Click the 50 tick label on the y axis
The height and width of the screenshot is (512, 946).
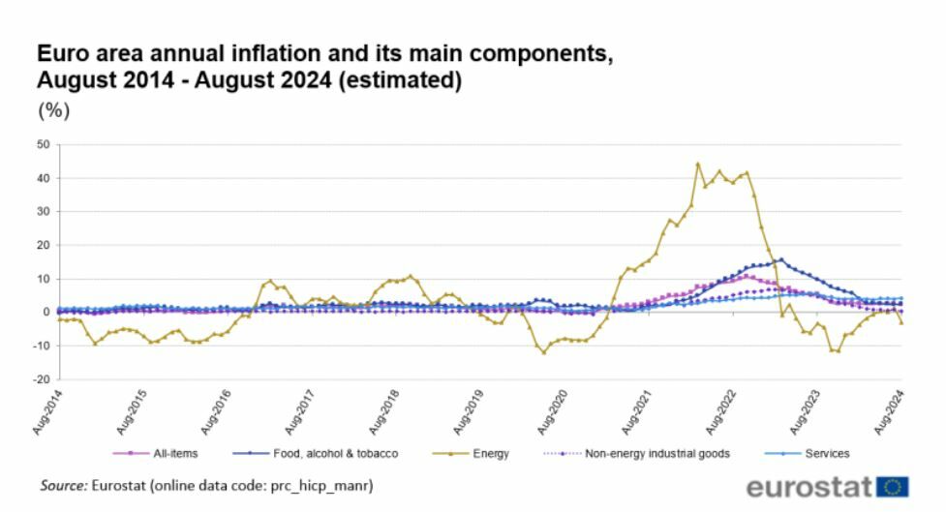(43, 145)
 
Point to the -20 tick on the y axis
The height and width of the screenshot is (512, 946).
(41, 379)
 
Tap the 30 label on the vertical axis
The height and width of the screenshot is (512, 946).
(43, 212)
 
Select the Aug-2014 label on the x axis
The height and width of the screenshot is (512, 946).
(46, 411)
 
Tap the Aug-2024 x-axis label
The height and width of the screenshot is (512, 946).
(890, 411)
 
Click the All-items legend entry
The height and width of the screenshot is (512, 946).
(168, 453)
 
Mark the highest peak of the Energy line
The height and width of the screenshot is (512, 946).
(698, 164)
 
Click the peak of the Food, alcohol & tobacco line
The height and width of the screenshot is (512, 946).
(781, 259)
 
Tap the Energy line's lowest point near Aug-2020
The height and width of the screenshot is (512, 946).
(544, 352)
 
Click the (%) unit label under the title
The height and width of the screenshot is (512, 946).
(53, 110)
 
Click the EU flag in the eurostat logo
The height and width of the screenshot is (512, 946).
(892, 486)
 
